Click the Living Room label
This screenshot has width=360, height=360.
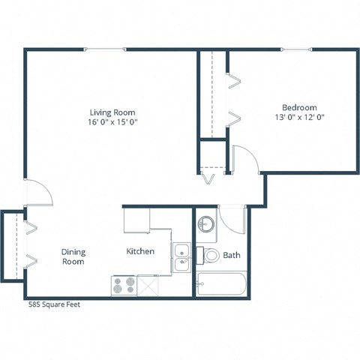click(113, 112)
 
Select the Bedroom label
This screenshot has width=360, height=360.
click(299, 107)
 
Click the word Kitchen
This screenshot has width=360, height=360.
click(140, 251)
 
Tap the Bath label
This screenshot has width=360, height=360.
click(232, 256)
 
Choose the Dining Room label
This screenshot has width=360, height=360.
click(73, 256)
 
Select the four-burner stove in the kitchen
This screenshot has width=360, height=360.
click(124, 285)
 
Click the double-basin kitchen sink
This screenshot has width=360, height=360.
click(181, 257)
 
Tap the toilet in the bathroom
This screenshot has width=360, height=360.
click(210, 256)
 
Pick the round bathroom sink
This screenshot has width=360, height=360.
click(206, 224)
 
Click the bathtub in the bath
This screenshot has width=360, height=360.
click(220, 285)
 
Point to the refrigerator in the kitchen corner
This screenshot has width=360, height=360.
click(136, 220)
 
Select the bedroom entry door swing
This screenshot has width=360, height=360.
click(245, 158)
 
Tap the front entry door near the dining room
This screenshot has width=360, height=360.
click(39, 193)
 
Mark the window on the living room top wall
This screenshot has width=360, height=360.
click(105, 50)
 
